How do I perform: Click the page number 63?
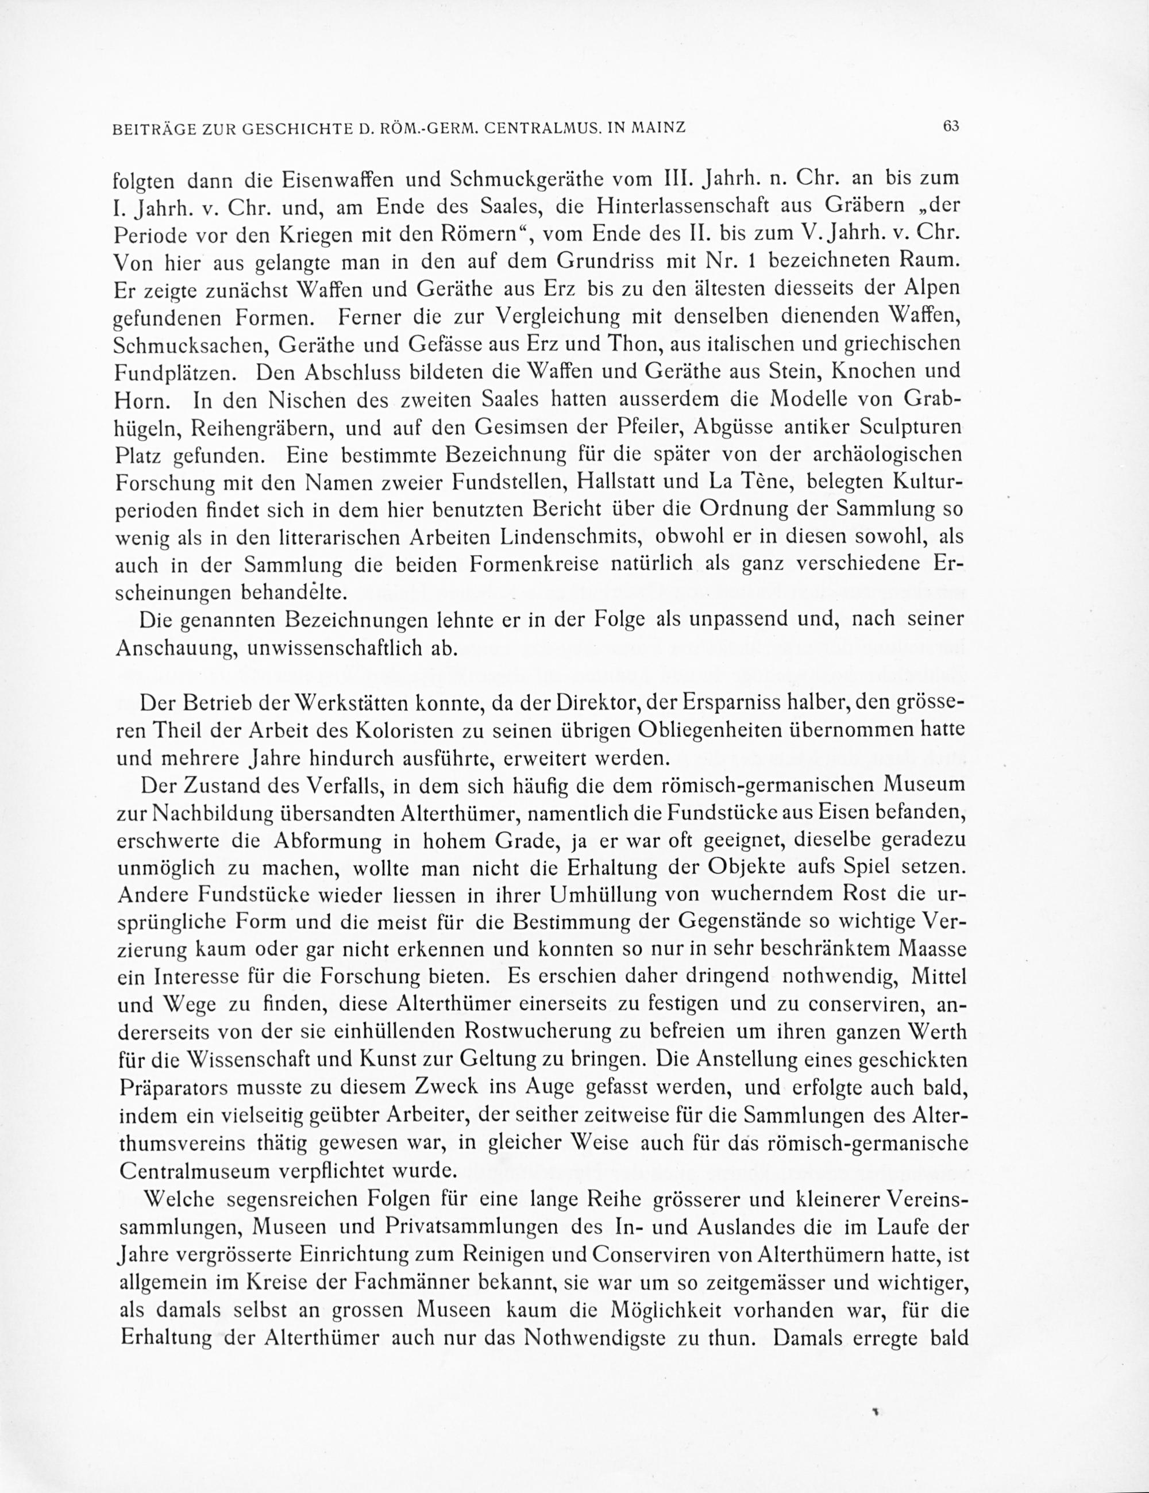pos(951,126)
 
